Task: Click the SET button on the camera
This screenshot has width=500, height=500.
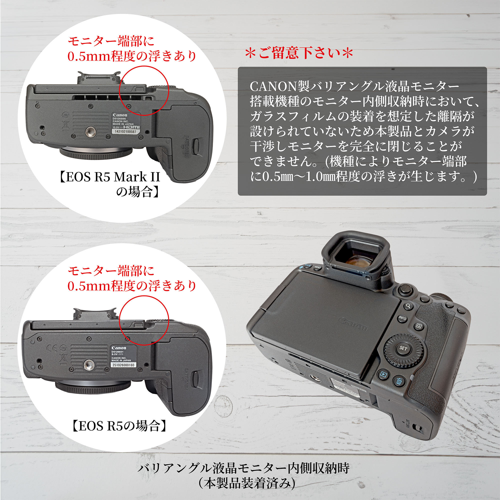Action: pos(403,348)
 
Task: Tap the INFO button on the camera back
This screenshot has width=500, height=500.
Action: pos(402,318)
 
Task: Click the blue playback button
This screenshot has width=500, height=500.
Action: pos(383,374)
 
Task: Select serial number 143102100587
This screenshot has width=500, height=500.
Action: pos(125,132)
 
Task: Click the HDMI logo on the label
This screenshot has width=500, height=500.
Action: pos(131,127)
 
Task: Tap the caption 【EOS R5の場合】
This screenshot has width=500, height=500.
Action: pos(119,426)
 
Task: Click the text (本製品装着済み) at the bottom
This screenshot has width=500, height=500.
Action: pos(247,483)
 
